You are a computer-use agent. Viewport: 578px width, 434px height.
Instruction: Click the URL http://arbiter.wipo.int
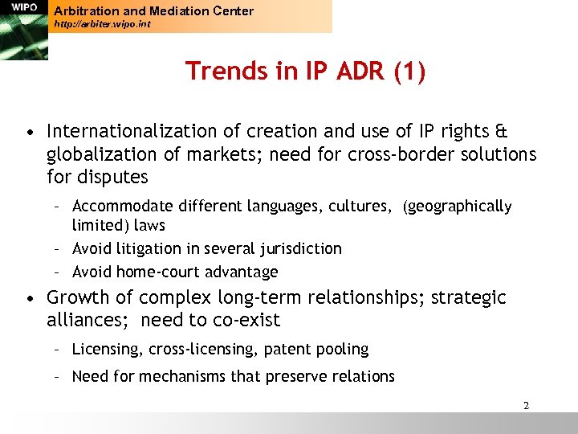click(102, 24)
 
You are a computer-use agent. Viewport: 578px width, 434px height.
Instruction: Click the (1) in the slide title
click(409, 72)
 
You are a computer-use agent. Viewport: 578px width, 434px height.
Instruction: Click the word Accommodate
click(116, 207)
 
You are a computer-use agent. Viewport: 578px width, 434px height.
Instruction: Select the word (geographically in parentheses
click(457, 207)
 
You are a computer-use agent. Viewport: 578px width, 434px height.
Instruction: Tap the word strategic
click(469, 298)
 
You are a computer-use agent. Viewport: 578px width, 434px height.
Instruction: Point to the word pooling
click(342, 349)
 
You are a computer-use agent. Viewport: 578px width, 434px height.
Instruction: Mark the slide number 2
click(526, 406)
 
